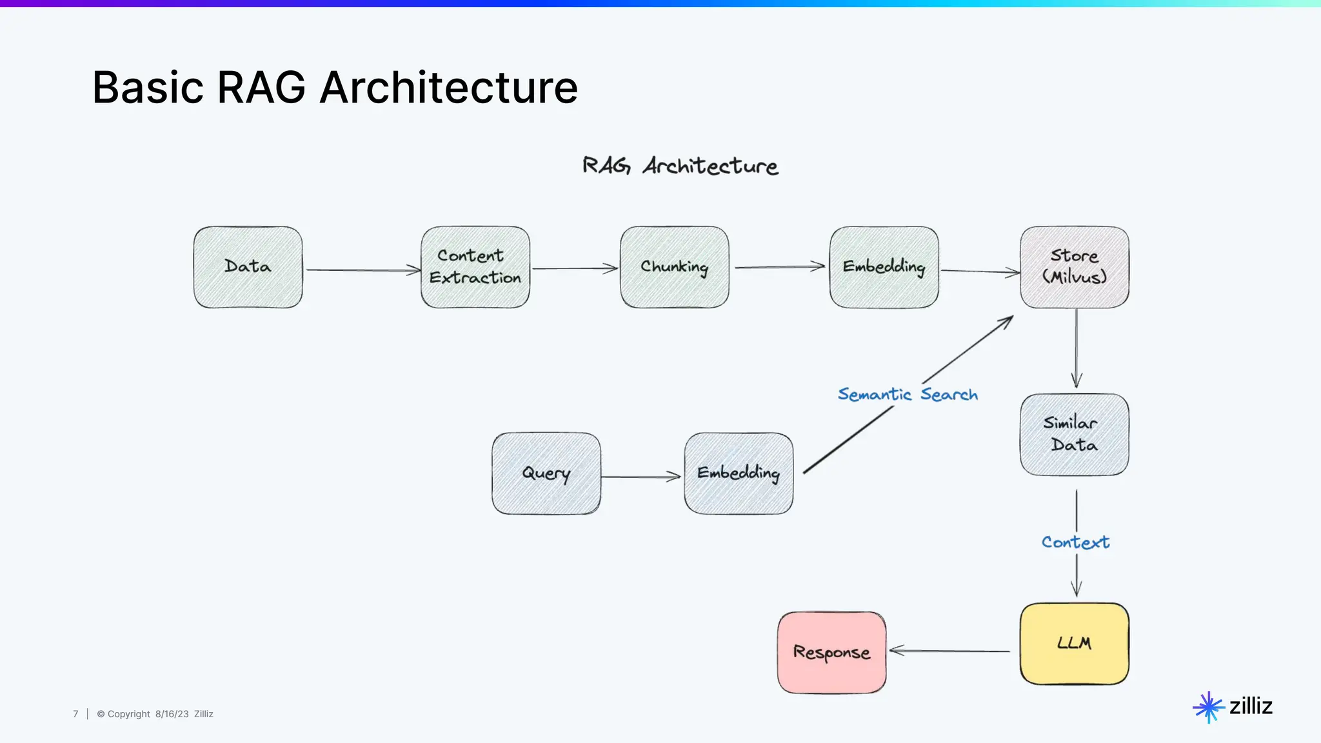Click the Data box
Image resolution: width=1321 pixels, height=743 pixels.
(x=248, y=267)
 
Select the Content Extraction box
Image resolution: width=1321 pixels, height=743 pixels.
(x=475, y=267)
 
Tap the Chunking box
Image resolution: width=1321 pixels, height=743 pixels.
(x=674, y=267)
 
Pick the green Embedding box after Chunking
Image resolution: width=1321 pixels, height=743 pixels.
(x=884, y=267)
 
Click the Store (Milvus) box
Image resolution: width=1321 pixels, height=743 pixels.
(x=1074, y=267)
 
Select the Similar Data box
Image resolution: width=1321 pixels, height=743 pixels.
(x=1074, y=435)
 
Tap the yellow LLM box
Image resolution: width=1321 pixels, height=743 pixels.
(x=1074, y=644)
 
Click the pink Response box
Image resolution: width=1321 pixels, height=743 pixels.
(x=831, y=653)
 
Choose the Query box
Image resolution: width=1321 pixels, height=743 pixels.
(x=546, y=473)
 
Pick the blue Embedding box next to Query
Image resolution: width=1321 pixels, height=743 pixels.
(x=739, y=473)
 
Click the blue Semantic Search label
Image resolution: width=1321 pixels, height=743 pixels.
(x=908, y=394)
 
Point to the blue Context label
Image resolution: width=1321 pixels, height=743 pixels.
(x=1075, y=542)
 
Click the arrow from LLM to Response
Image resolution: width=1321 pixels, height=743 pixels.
(x=949, y=651)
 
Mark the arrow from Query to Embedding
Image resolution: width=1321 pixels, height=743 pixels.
(x=641, y=477)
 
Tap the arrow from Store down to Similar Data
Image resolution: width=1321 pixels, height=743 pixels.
(x=1076, y=348)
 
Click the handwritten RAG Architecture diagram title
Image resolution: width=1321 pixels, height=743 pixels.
(x=680, y=166)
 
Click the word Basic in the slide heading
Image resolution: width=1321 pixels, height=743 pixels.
(x=148, y=88)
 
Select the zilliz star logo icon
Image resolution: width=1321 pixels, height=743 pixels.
(x=1208, y=708)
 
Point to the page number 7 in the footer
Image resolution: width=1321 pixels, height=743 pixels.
(x=75, y=714)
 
